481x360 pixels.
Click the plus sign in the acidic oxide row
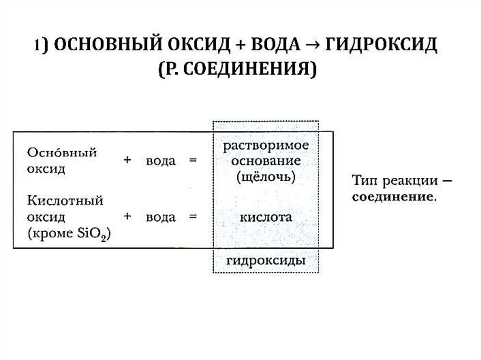coord(127,217)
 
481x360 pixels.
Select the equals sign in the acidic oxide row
coord(192,217)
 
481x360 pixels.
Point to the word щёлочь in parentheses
coord(266,177)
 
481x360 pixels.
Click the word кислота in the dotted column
coord(266,217)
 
